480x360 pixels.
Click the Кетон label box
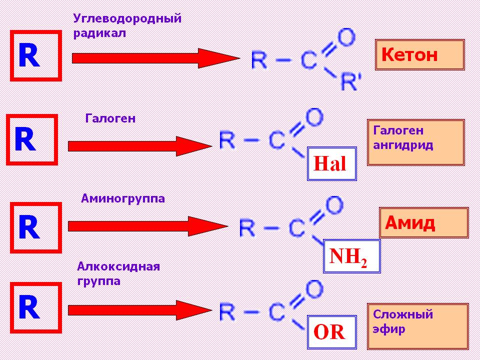coord(420,55)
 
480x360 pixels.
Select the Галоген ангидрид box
coord(416,142)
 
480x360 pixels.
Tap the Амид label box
coord(423,222)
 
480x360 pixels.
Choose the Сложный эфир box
coord(418,325)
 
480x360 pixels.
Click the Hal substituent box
coord(331,163)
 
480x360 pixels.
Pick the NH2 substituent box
coord(352,256)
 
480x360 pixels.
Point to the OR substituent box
coord(331,332)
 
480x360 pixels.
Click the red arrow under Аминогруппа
coord(147,226)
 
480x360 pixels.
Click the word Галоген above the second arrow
coord(110,119)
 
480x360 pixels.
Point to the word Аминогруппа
coord(122,199)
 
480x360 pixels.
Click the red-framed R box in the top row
coord(35,55)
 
